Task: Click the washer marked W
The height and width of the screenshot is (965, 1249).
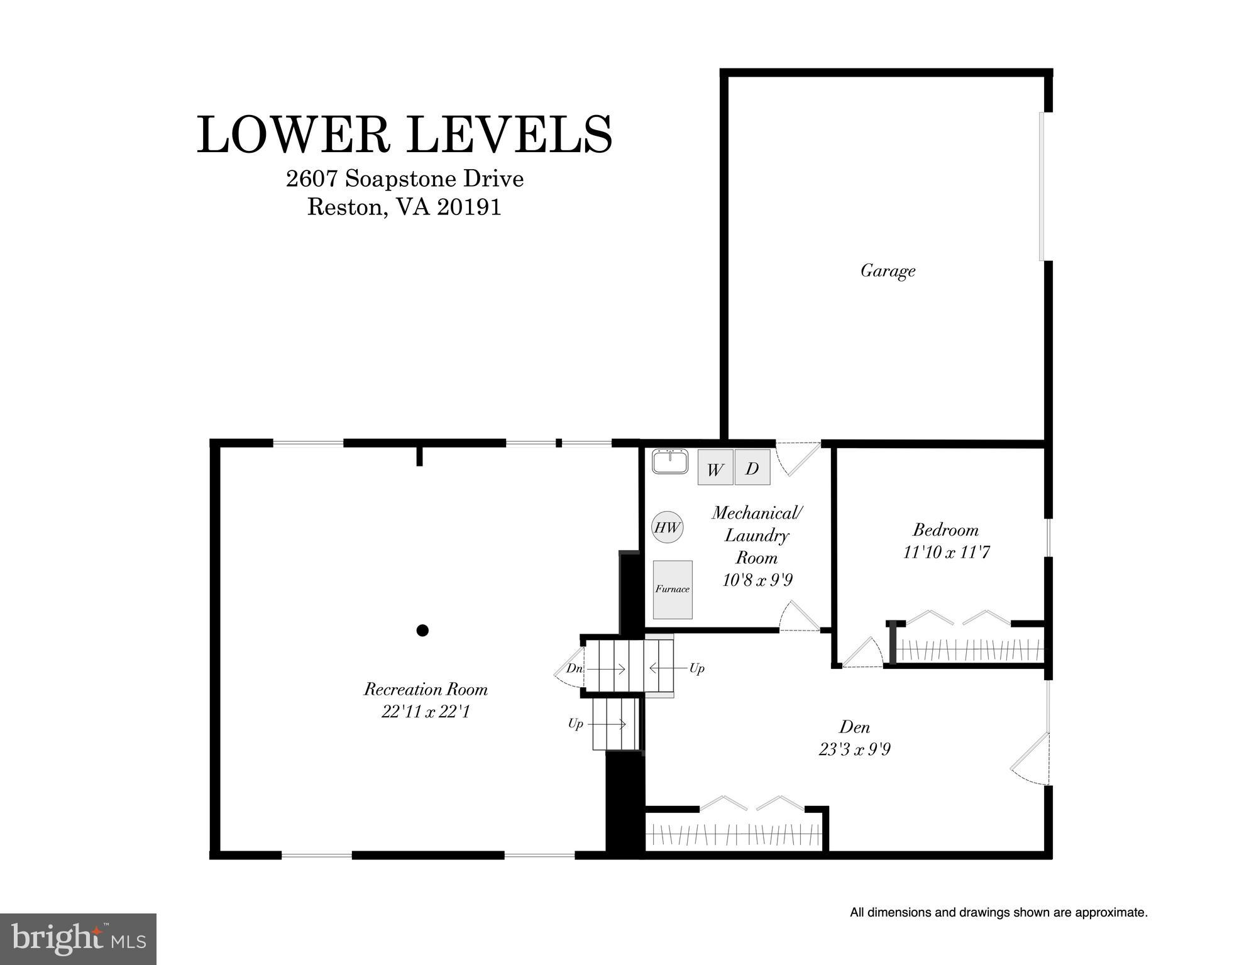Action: tap(715, 468)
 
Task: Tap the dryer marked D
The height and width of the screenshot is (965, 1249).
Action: tap(752, 467)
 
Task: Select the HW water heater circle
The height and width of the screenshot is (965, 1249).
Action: tap(668, 527)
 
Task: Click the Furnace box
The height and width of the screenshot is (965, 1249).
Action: tap(673, 589)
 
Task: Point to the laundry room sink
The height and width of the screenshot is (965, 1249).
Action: tap(670, 461)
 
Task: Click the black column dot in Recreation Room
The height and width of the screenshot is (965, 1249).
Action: tap(422, 630)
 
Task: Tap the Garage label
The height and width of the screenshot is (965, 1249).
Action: tap(888, 271)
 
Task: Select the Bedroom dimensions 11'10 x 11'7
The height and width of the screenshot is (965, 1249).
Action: tap(946, 553)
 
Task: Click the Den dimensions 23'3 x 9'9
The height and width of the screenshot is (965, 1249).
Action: tap(854, 749)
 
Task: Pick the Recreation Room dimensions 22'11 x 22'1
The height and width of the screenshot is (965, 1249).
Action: tap(426, 712)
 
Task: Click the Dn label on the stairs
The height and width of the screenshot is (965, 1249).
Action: tap(575, 668)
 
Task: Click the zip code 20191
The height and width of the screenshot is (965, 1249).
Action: tap(470, 207)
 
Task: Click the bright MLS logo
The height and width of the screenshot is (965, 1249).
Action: tap(78, 939)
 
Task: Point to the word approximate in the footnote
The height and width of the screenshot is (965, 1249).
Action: tap(1111, 912)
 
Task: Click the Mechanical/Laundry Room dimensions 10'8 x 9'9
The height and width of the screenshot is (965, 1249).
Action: tap(757, 580)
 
